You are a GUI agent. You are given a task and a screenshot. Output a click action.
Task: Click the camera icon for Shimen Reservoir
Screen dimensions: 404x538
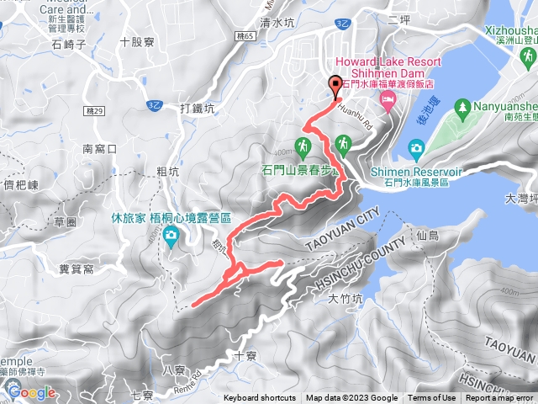(x=416, y=150)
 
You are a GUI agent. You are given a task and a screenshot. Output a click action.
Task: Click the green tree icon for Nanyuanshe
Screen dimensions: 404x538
(x=462, y=107)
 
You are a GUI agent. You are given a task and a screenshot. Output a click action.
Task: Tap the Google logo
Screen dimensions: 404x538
(x=32, y=392)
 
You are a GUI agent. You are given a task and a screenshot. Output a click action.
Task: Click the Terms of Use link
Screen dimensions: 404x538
(x=432, y=398)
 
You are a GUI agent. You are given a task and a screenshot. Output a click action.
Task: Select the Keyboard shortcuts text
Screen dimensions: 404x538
(x=260, y=398)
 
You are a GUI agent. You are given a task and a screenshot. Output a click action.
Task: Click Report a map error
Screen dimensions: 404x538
(x=500, y=398)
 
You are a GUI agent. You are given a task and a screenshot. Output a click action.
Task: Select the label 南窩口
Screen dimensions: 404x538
(x=99, y=148)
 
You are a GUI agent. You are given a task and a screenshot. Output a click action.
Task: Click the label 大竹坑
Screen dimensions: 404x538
(x=345, y=297)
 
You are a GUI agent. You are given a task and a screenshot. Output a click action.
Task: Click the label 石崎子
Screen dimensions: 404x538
(x=70, y=45)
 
